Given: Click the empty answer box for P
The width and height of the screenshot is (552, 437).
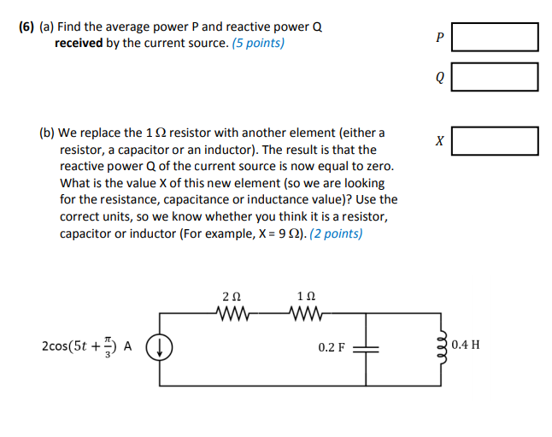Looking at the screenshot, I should [x=496, y=38].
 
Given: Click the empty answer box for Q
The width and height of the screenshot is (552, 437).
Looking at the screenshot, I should [x=496, y=77].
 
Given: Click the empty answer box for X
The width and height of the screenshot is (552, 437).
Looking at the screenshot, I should [x=496, y=141].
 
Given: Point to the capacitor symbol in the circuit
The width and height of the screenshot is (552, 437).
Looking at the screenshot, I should [x=367, y=348].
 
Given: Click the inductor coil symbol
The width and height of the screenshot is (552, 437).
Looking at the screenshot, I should [x=442, y=346].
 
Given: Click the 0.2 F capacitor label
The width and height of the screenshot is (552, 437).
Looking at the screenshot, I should [x=332, y=348].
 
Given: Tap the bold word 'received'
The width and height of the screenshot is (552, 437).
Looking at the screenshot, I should [x=79, y=43].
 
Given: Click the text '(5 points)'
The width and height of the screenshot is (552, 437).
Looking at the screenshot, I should [x=257, y=43].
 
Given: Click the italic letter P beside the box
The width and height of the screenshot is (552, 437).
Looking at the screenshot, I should [x=439, y=38].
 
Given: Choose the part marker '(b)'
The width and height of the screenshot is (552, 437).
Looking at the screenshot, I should [x=48, y=133].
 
